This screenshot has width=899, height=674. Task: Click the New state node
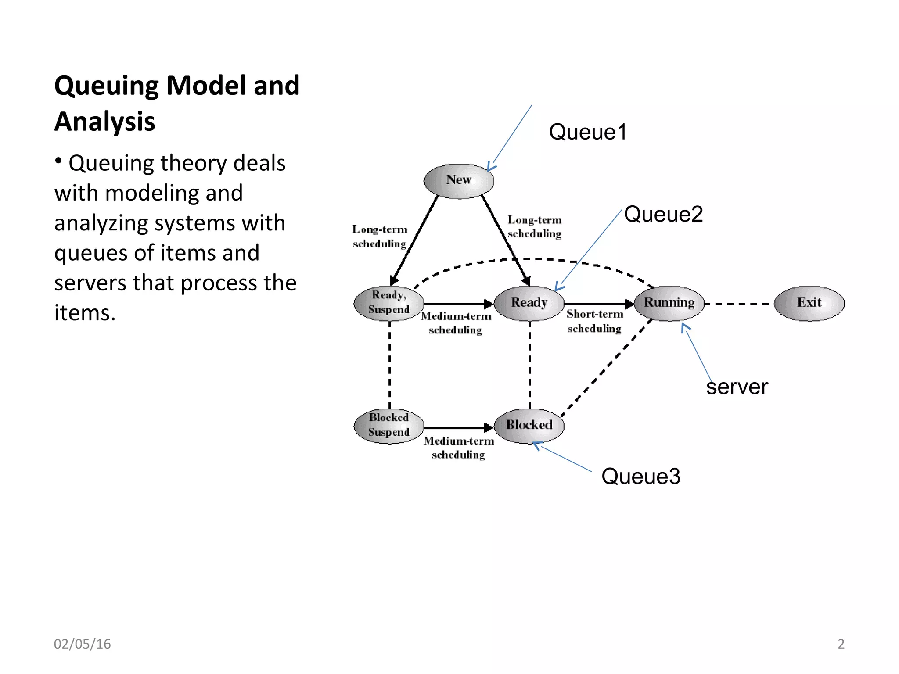(x=459, y=181)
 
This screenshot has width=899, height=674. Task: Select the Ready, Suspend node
(x=389, y=303)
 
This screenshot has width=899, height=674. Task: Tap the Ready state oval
(x=529, y=303)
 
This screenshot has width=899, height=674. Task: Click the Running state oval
(x=669, y=303)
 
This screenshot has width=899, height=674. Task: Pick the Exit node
(x=809, y=303)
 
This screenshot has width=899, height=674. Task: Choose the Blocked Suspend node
(x=389, y=425)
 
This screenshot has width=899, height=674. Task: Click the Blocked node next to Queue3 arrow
(x=529, y=425)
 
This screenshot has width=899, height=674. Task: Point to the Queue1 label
(x=588, y=132)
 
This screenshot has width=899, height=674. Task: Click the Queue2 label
(x=663, y=215)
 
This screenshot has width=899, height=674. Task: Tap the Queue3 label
(x=640, y=477)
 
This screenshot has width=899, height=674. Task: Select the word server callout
(x=737, y=387)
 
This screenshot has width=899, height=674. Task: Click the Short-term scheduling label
(x=594, y=321)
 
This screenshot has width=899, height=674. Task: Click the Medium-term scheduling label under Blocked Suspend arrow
(x=459, y=448)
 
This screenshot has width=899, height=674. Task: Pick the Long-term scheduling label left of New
(x=380, y=237)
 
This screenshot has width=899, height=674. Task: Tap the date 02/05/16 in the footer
(x=82, y=644)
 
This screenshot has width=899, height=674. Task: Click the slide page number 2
(x=841, y=644)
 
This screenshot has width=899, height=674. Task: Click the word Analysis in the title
(x=105, y=122)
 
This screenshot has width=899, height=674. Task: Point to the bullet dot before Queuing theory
(x=58, y=161)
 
